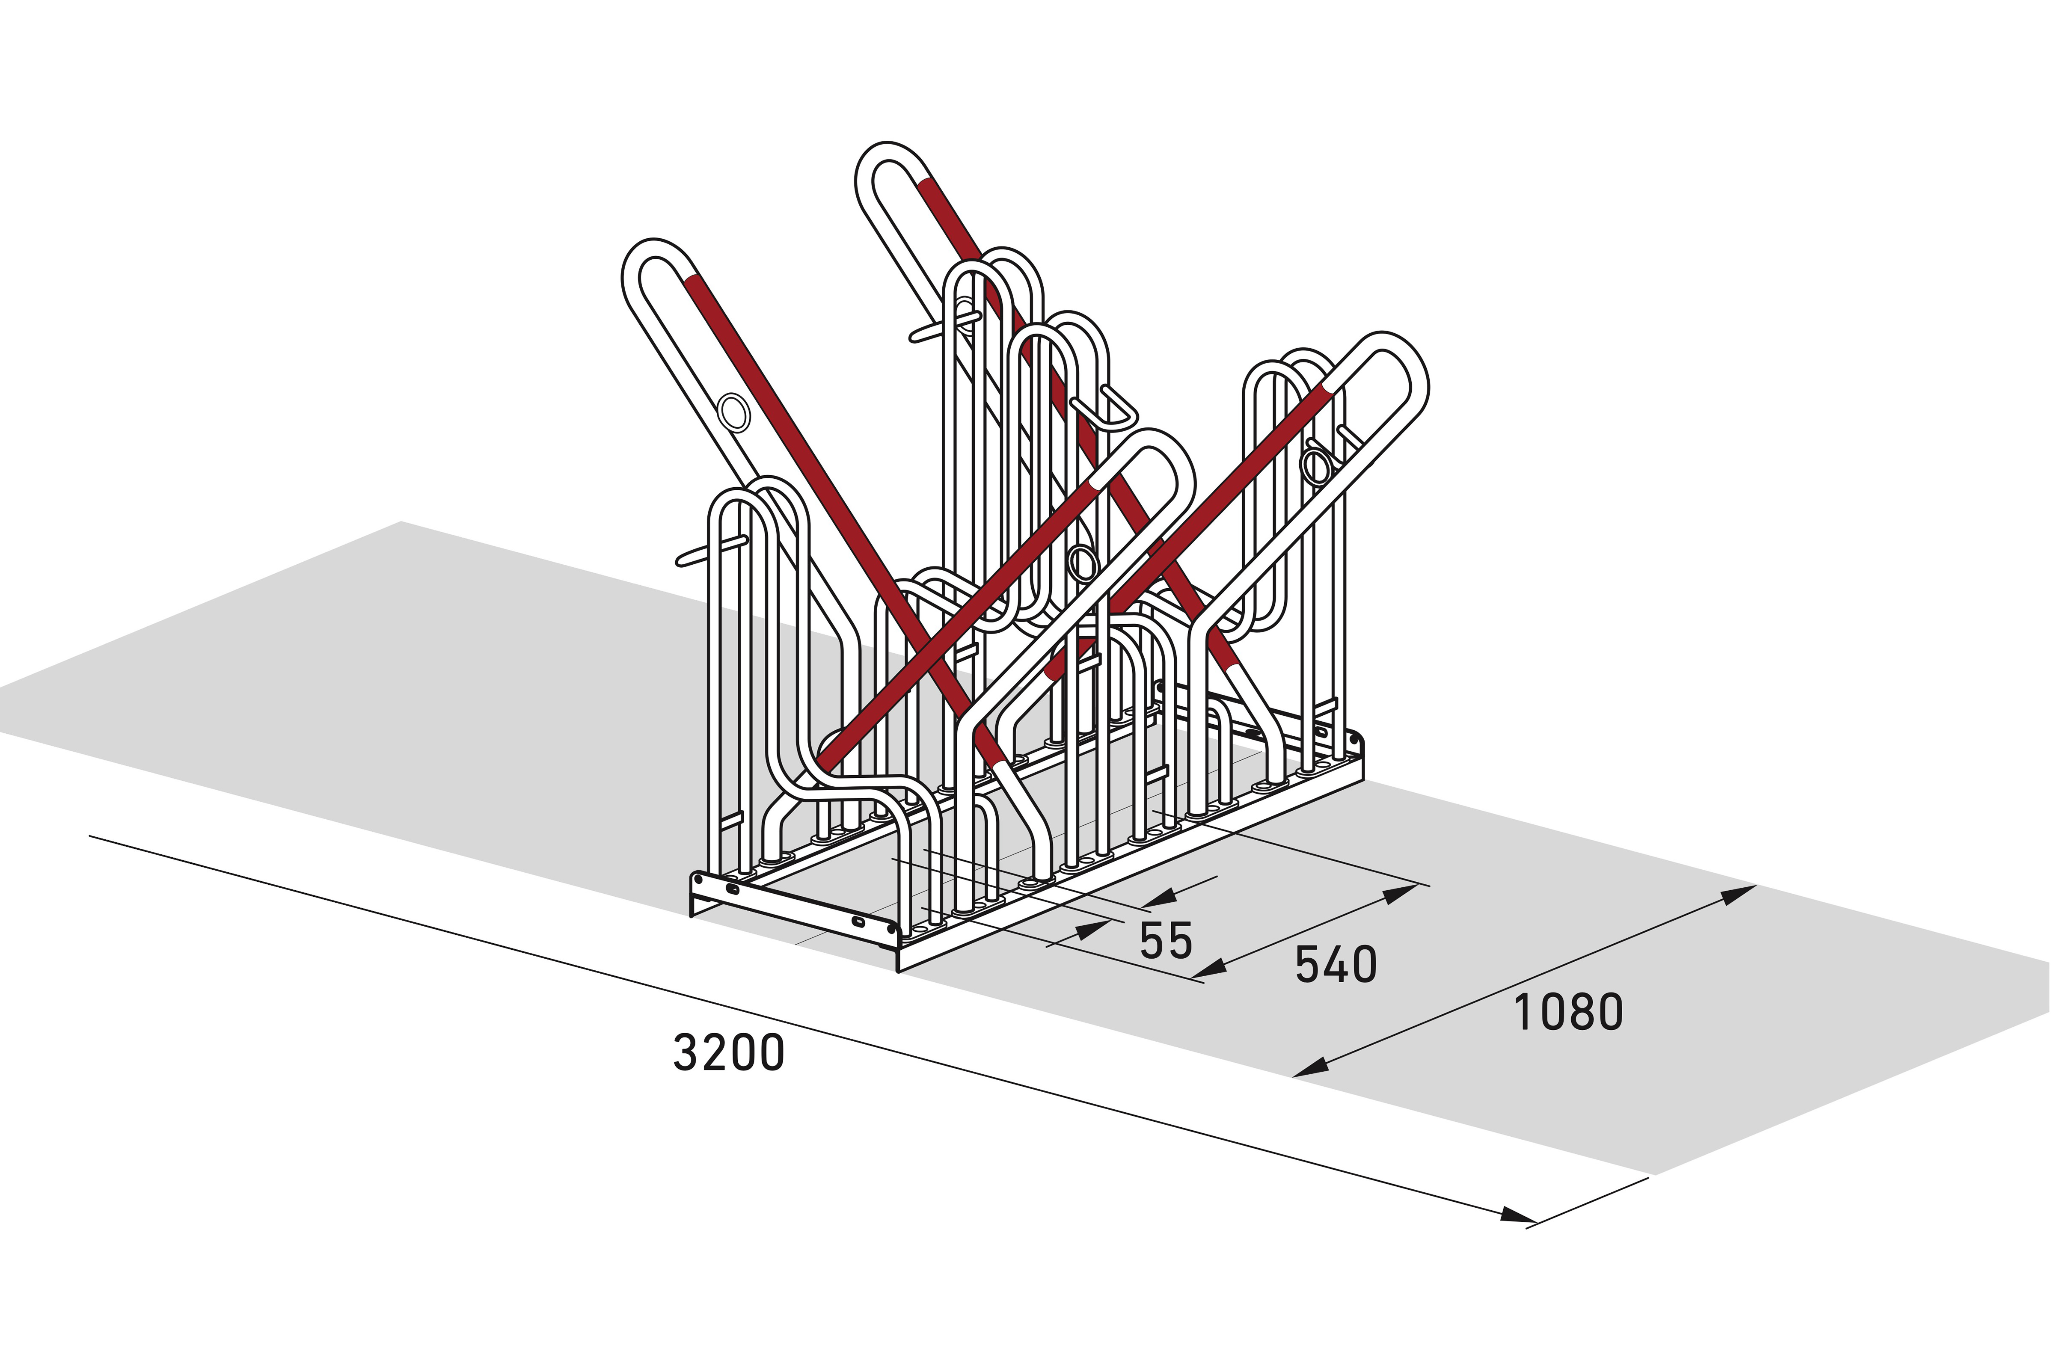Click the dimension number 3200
pyautogui.click(x=729, y=1053)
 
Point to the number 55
pyautogui.click(x=1166, y=940)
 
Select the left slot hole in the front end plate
pyautogui.click(x=732, y=890)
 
